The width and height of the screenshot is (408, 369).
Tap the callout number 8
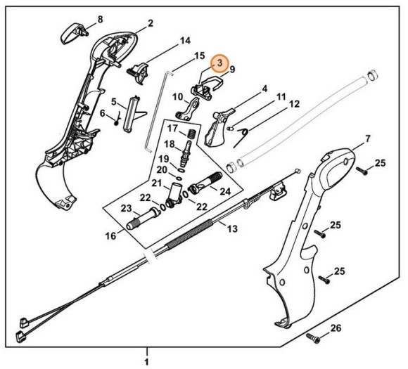click(x=99, y=18)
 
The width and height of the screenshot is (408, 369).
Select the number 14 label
click(x=184, y=41)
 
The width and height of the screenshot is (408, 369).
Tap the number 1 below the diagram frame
click(x=146, y=361)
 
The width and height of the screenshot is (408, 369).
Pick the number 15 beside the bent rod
click(x=200, y=55)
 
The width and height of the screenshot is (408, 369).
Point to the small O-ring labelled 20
click(x=183, y=169)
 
